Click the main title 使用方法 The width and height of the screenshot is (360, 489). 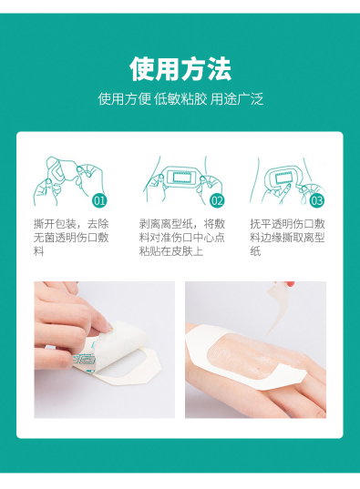tap(180, 69)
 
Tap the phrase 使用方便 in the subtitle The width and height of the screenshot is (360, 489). tap(122, 98)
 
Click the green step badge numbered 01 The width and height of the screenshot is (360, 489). tap(100, 200)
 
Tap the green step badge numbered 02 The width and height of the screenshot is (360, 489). tap(217, 200)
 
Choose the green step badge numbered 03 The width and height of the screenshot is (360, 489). tap(316, 200)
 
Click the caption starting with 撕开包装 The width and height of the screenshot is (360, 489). tap(71, 237)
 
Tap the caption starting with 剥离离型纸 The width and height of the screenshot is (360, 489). tap(181, 237)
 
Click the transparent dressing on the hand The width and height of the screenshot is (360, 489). tap(246, 364)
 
